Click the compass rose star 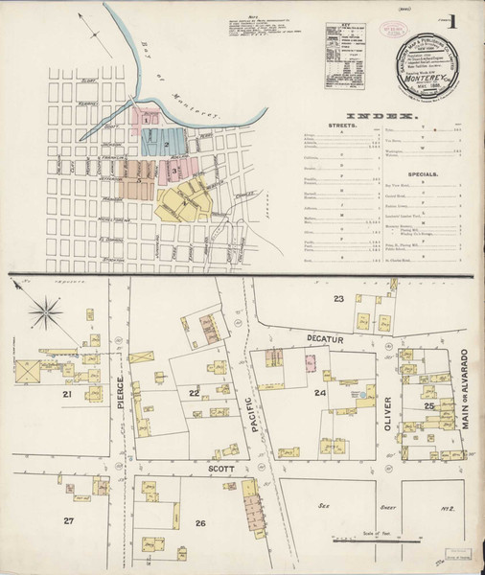45,311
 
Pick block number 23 337,300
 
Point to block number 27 68,520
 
